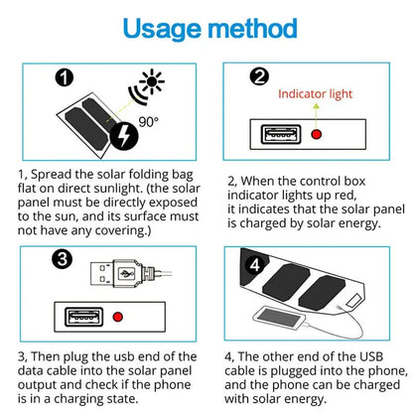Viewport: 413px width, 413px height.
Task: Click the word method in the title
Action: tap(259, 26)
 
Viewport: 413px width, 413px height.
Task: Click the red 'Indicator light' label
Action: tap(315, 94)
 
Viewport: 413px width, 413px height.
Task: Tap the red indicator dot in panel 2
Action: tap(315, 137)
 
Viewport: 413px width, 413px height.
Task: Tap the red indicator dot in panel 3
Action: tap(117, 318)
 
